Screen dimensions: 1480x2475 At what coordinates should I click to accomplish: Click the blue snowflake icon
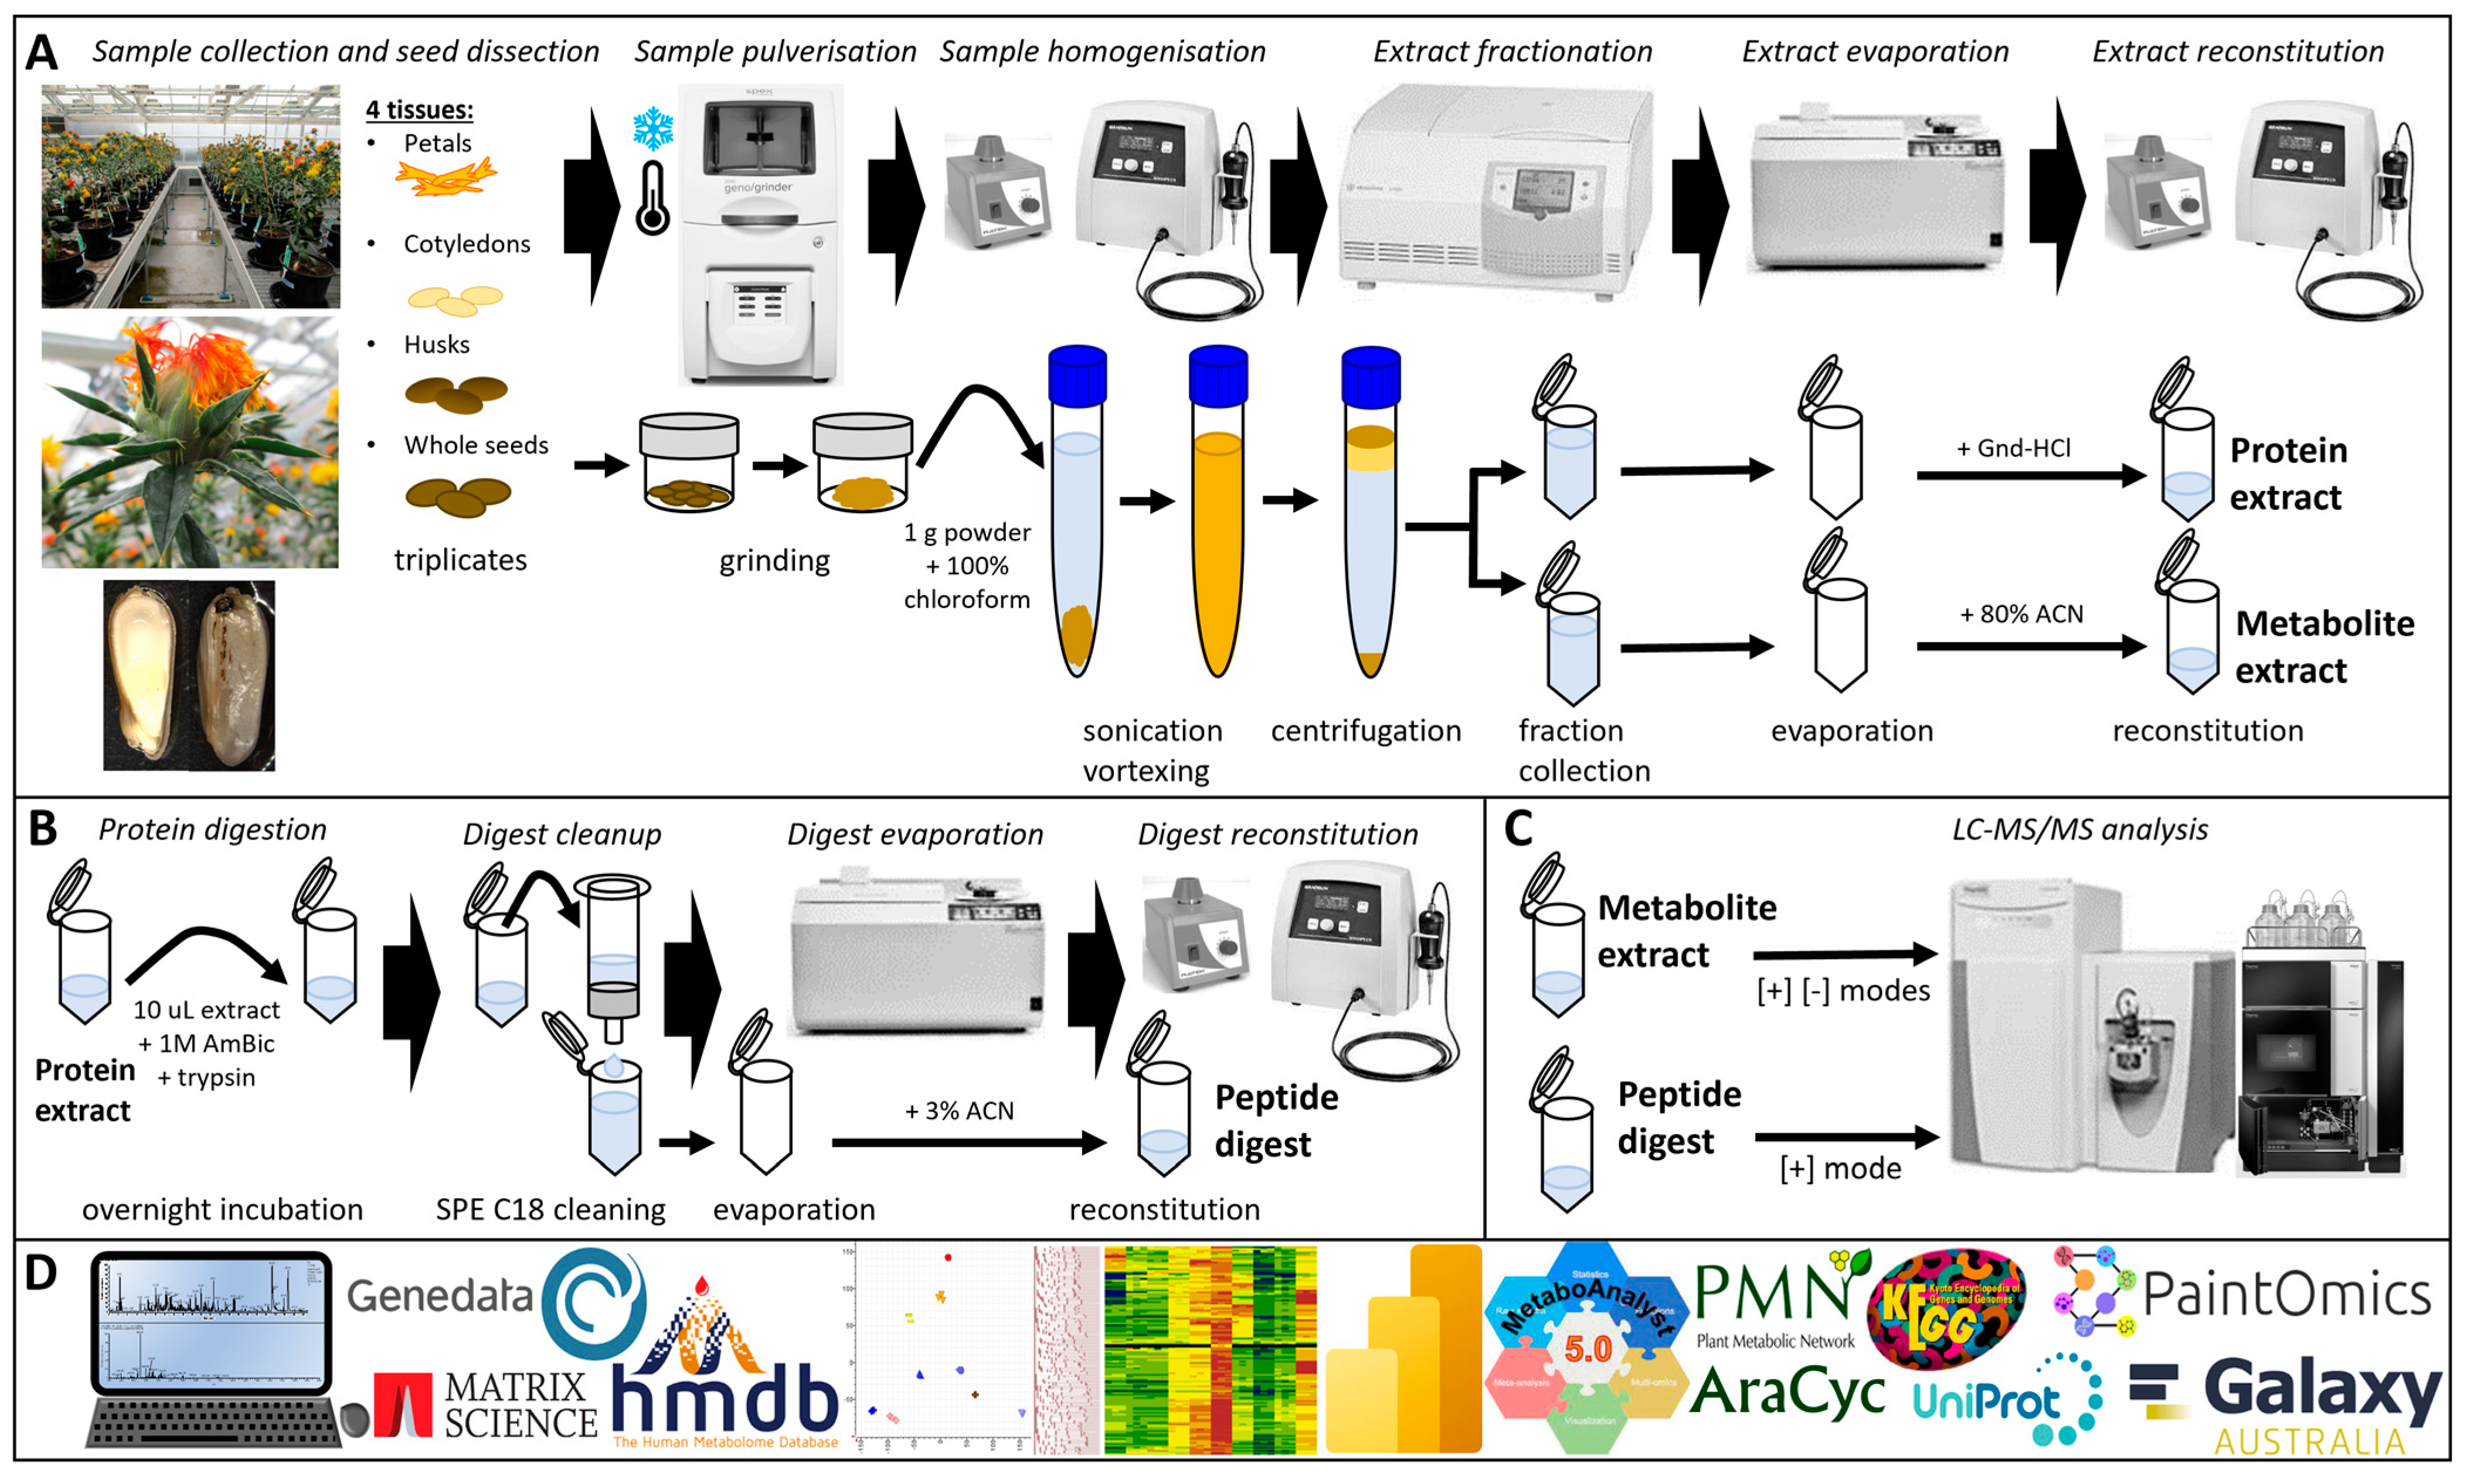[654, 129]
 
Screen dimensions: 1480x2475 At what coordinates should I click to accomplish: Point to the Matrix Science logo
[486, 1404]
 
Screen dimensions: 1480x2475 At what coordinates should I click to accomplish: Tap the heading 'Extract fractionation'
[1512, 52]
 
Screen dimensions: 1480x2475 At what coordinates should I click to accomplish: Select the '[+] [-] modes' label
[1842, 990]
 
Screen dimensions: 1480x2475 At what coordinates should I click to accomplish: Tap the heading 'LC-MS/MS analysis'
[2079, 830]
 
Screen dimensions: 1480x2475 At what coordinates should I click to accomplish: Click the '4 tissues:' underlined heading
[419, 110]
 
